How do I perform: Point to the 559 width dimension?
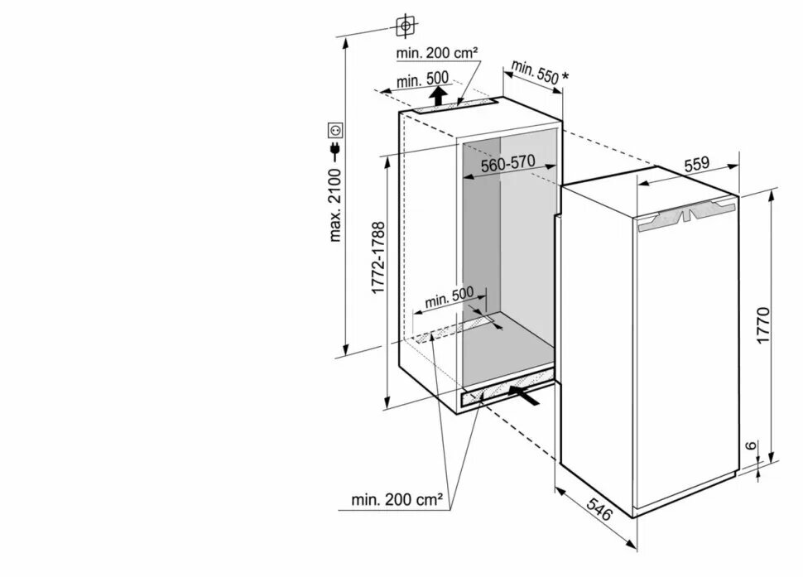coord(696,164)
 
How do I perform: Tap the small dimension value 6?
coord(750,447)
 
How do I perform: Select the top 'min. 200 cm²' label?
coord(436,53)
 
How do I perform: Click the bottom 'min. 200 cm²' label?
coord(397,499)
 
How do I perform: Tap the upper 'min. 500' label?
coord(422,79)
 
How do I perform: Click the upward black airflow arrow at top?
coord(440,97)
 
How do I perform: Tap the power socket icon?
coord(335,130)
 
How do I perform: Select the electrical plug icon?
coord(335,149)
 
